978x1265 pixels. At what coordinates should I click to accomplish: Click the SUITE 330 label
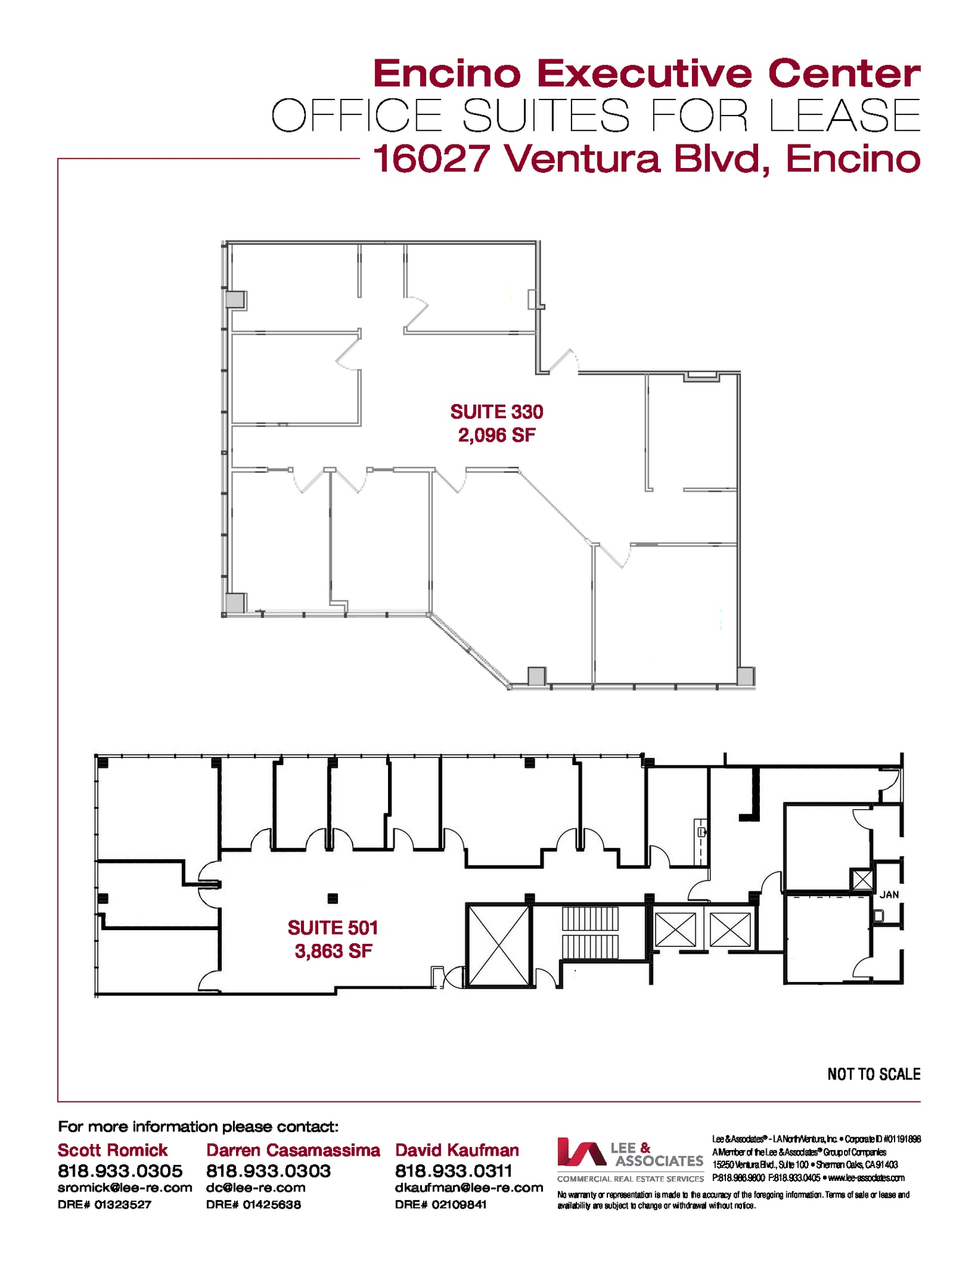tap(496, 411)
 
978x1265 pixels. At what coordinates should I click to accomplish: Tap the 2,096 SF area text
tap(496, 435)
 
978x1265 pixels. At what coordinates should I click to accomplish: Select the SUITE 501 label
tap(332, 927)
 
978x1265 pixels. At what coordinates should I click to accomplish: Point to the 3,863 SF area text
tap(333, 951)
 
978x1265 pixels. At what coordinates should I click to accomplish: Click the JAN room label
tap(889, 894)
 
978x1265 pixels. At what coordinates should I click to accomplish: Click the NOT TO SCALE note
tap(873, 1074)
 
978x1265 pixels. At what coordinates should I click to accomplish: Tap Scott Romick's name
tap(112, 1150)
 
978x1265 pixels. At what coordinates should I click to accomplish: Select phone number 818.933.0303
tap(268, 1171)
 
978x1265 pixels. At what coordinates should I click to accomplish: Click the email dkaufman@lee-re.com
tap(468, 1187)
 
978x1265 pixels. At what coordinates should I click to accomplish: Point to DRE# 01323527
tap(104, 1204)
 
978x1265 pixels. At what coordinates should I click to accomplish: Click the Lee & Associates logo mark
tap(581, 1153)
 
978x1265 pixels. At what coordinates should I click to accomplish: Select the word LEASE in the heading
tap(845, 116)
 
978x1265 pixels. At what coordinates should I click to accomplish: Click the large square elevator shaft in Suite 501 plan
tap(498, 946)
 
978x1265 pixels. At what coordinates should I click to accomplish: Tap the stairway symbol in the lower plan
tap(590, 932)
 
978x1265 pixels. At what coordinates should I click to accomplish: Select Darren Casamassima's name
tap(293, 1150)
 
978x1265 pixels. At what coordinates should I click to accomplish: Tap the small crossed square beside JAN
tap(862, 880)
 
